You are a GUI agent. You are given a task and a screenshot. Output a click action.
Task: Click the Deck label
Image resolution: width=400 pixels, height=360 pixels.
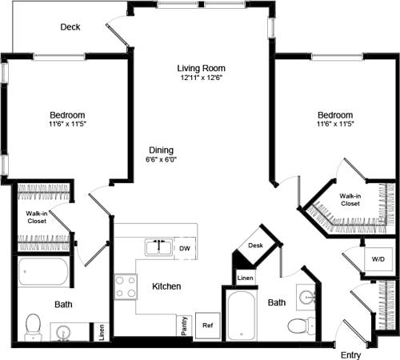coord(71,27)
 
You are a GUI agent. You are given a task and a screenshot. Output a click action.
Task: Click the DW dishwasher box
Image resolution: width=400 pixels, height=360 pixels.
coord(184,248)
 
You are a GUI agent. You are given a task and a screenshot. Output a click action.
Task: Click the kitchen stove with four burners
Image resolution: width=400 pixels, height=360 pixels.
coord(126,286)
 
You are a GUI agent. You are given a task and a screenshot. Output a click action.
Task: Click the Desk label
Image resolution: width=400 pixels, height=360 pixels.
coord(256,246)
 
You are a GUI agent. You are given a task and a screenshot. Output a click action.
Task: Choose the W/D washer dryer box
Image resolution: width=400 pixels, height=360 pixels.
coord(376,259)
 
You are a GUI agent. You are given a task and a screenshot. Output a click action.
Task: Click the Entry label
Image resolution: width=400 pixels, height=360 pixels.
coord(350,354)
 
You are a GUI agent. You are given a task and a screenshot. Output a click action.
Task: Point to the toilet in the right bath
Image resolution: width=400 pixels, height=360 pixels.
coord(297,326)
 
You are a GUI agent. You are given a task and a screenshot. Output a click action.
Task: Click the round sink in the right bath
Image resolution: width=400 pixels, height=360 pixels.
coord(306,298)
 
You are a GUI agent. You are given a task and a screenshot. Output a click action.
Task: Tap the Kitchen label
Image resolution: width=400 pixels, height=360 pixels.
coord(166,286)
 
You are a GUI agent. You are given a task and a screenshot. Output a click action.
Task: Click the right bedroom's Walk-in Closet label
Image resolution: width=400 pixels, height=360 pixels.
coord(349,199)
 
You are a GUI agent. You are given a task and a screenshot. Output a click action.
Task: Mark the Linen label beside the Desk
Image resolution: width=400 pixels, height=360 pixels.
coord(245,278)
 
